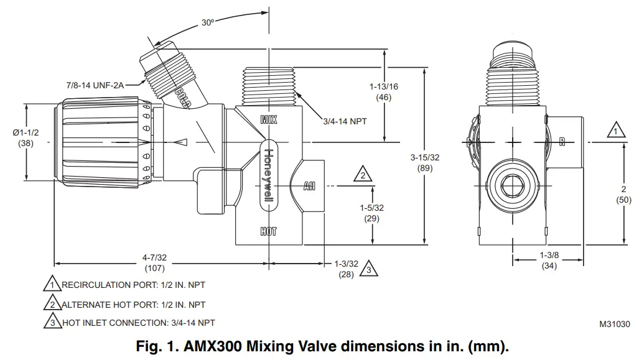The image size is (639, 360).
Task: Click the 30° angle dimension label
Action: point(208,22)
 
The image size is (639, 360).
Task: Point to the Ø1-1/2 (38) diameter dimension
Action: point(26,137)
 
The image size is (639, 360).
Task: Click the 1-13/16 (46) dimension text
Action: point(383,92)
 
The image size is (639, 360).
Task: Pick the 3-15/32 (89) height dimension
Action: point(424,163)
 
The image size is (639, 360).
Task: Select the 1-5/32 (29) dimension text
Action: point(372,213)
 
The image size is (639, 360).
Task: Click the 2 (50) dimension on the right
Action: point(623,194)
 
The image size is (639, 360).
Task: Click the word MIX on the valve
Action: point(269,119)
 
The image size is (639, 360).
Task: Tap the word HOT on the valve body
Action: point(268,232)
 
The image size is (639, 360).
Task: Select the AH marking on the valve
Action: point(309,186)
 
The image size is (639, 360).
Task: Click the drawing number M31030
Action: point(614,324)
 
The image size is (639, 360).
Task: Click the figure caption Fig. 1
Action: point(322,346)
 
